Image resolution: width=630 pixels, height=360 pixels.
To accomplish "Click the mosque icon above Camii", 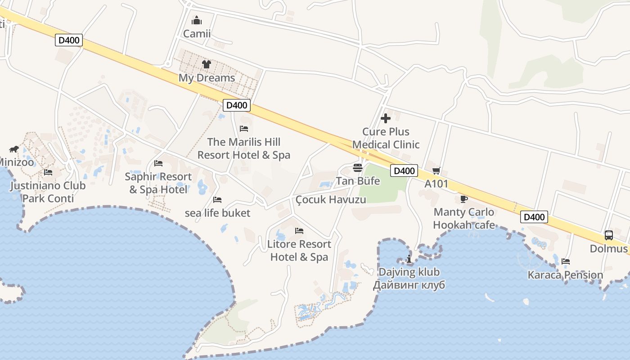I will pyautogui.click(x=197, y=20).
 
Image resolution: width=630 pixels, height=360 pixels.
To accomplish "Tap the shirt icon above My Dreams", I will pyautogui.click(x=207, y=64).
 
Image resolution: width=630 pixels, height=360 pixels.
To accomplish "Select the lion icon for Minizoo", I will pyautogui.click(x=14, y=149).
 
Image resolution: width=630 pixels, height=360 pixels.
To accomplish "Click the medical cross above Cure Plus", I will pyautogui.click(x=386, y=118).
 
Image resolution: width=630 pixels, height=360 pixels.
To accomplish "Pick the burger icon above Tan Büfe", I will pyautogui.click(x=358, y=168).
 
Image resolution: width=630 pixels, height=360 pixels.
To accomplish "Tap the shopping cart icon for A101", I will pyautogui.click(x=436, y=171).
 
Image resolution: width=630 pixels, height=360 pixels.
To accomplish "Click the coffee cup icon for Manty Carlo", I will pyautogui.click(x=464, y=199).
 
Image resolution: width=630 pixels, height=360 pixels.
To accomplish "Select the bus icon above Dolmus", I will pyautogui.click(x=608, y=235).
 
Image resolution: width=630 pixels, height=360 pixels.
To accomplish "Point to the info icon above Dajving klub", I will pyautogui.click(x=409, y=259).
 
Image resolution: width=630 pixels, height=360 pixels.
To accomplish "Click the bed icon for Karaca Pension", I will pyautogui.click(x=566, y=261).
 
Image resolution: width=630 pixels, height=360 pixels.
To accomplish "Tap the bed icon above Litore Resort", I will pyautogui.click(x=299, y=231).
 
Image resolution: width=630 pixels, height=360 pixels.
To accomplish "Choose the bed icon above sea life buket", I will pyautogui.click(x=217, y=199).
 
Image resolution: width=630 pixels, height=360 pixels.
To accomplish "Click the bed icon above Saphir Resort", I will pyautogui.click(x=158, y=163).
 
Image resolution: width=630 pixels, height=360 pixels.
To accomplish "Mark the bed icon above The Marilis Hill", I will pyautogui.click(x=244, y=129).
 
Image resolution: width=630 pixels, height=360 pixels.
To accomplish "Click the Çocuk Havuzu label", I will pyautogui.click(x=331, y=199).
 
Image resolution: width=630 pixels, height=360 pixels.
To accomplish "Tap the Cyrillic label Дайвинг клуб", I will pyautogui.click(x=409, y=285).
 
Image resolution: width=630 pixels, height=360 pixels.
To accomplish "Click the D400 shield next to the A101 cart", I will pyautogui.click(x=404, y=171).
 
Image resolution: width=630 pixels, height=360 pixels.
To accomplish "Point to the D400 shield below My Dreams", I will pyautogui.click(x=237, y=105).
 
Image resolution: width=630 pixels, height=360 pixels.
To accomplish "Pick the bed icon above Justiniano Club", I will pyautogui.click(x=48, y=172).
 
